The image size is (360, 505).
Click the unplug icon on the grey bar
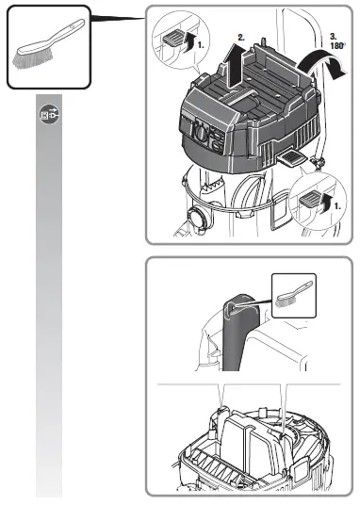48,114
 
